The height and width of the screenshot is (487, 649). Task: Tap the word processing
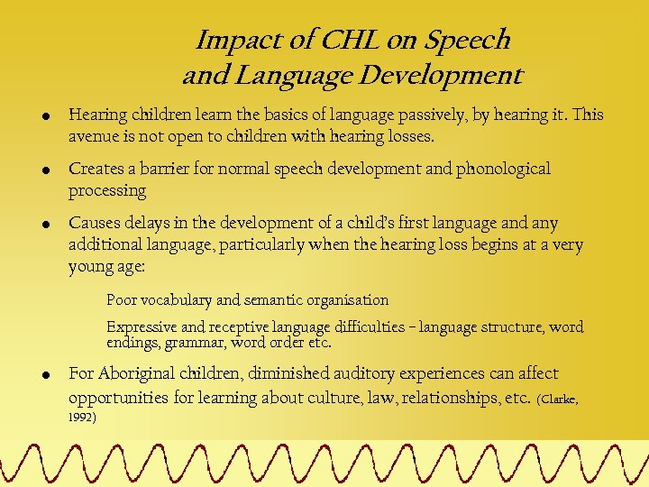(x=107, y=191)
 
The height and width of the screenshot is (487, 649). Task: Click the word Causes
(x=93, y=223)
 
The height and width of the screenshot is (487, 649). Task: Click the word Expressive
(x=141, y=327)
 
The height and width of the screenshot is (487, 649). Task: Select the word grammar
(x=197, y=343)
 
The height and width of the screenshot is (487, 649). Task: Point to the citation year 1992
(x=82, y=418)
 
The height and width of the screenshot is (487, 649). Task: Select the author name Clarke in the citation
(x=559, y=399)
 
